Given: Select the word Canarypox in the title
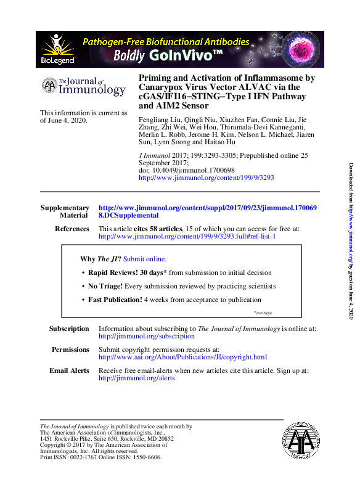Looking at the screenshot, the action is coord(161,88).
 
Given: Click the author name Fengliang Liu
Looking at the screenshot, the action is coord(157,118).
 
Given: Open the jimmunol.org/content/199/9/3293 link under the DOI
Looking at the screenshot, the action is coord(207,177).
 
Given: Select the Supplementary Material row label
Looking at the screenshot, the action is coord(64,211).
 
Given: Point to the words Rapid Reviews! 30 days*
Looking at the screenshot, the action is coord(127,272).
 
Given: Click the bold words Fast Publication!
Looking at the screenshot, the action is coord(115,300).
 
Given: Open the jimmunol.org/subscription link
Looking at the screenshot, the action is coord(146,337).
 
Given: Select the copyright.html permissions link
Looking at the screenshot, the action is coord(182,357).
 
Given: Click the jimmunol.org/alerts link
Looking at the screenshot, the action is coord(136,378).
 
